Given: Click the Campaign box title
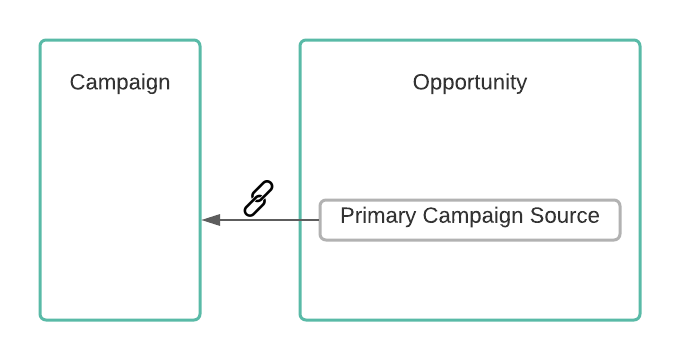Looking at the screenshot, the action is click(120, 82).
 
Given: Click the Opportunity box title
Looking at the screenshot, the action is click(470, 82).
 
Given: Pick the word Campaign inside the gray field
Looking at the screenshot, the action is click(473, 216).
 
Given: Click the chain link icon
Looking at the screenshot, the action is click(258, 198).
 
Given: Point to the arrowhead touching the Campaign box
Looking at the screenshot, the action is click(211, 220).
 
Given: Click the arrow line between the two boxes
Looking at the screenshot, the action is click(261, 220).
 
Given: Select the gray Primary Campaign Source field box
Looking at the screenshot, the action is click(470, 220).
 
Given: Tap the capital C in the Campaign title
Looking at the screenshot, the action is click(77, 82).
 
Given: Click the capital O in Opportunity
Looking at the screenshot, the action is click(421, 82).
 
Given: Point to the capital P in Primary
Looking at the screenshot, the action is click(347, 216).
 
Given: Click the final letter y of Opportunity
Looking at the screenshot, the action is click(523, 85).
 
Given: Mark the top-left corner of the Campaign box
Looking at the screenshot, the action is click(40, 40).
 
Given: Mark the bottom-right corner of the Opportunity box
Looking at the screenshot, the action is click(640, 320).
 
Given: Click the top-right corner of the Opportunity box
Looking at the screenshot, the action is click(640, 40).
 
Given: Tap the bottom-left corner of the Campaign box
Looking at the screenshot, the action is click(40, 320).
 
